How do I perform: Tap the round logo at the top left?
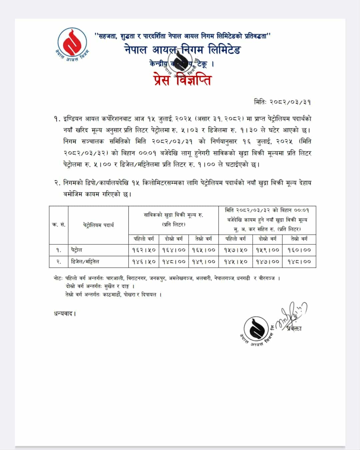point(72,42)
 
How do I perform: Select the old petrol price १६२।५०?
point(143,250)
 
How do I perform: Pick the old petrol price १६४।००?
point(174,250)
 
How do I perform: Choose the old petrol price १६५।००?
point(204,250)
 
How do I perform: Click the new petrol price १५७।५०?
point(236,250)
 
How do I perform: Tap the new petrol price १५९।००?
point(268,250)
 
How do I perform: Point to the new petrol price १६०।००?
point(299,250)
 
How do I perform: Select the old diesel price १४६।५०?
point(143,262)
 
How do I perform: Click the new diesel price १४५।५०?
point(236,262)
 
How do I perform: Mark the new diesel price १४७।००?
point(268,262)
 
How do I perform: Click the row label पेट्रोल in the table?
point(76,250)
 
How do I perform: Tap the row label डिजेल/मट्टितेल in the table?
point(85,262)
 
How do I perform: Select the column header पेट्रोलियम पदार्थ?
point(98,225)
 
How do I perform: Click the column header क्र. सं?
point(59,225)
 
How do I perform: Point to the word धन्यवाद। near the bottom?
point(65,314)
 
